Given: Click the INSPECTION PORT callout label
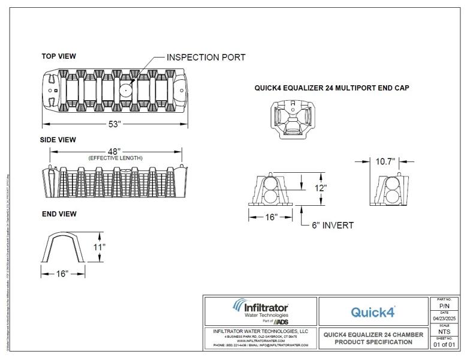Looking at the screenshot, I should [x=206, y=58].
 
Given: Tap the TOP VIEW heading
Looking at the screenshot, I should [x=59, y=56].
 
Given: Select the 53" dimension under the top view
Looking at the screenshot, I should [x=115, y=124].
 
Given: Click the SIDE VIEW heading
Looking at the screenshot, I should [x=59, y=140].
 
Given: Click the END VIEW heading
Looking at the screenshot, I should [x=59, y=214].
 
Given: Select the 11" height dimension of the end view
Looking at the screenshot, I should [x=100, y=247].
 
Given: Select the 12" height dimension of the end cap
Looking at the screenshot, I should [x=321, y=188].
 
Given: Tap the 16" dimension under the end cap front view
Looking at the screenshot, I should [x=270, y=217].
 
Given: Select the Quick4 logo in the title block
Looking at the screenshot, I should [x=373, y=311].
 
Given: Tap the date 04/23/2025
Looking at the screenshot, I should [x=444, y=318].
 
